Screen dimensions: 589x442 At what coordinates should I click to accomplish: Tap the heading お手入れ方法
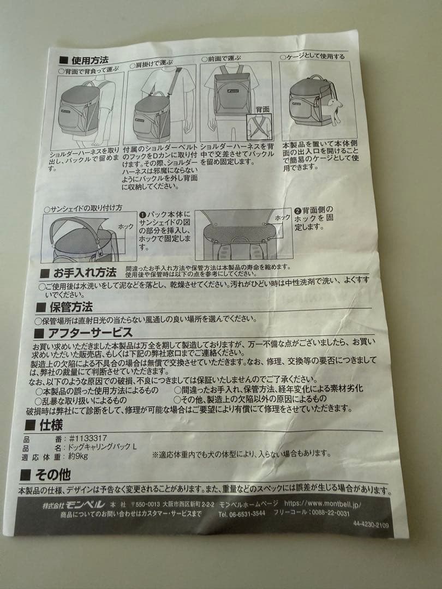click(x=84, y=272)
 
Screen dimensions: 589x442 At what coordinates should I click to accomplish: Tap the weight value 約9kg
click(x=79, y=457)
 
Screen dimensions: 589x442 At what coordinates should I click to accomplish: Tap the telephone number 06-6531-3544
click(x=242, y=513)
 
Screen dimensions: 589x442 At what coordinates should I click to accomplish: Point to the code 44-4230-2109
click(x=371, y=525)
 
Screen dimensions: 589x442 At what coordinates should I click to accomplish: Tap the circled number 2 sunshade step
click(x=298, y=210)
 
